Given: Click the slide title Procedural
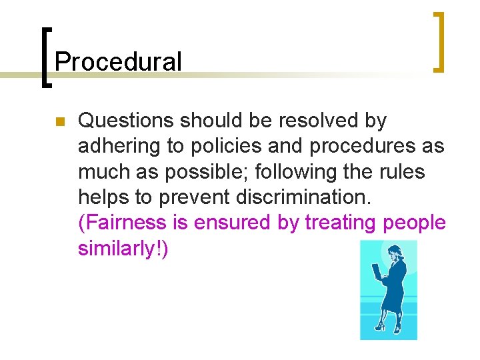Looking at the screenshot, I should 118,62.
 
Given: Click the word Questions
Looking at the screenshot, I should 126,121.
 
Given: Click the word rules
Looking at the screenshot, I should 403,172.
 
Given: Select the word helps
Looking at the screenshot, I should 102,197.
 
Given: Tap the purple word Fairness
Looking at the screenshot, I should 123,223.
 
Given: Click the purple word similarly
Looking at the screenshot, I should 121,248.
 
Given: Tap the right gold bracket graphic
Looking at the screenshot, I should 440,41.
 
